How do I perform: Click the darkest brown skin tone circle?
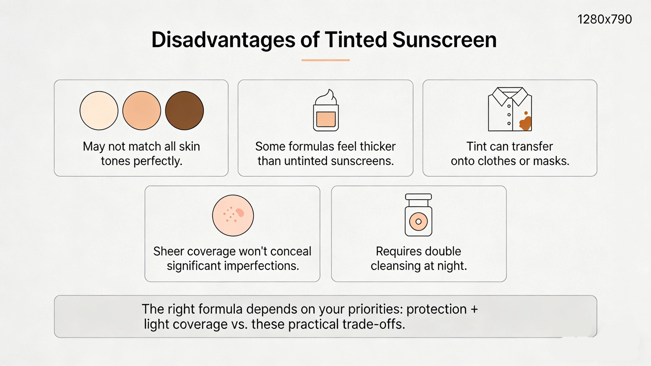coord(184,110)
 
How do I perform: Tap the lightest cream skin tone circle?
coord(99,110)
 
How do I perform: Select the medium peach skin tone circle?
coord(141,110)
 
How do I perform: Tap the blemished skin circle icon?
coord(233,215)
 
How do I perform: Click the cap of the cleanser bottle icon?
coord(418,197)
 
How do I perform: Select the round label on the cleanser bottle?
coord(418,222)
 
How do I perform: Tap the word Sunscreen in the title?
coord(444,40)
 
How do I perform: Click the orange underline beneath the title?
coord(325,60)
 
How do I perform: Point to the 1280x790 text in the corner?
coord(604,20)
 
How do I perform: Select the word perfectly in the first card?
coord(158,161)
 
